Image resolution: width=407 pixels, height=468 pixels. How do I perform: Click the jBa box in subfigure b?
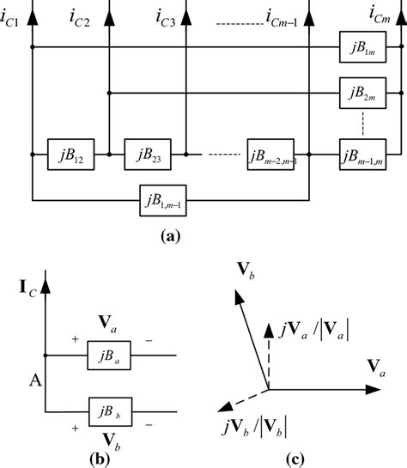click(x=109, y=354)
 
